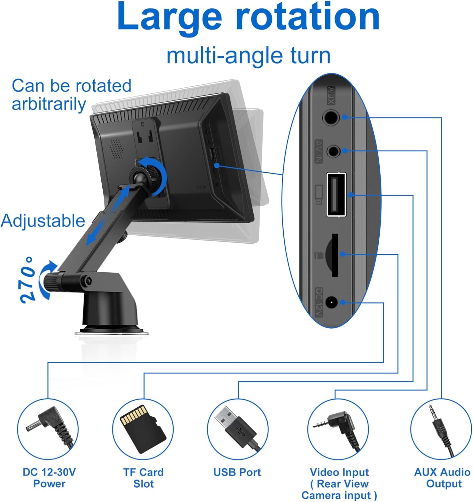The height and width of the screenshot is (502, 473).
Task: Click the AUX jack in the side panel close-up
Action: tap(330, 117)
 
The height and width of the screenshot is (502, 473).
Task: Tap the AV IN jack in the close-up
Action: tap(333, 151)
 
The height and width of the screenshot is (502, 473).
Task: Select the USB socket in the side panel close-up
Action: tap(336, 194)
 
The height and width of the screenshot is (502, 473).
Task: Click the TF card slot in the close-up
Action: tap(335, 255)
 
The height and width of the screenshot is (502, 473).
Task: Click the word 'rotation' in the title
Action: tap(308, 17)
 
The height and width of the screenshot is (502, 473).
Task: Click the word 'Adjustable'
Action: tap(43, 221)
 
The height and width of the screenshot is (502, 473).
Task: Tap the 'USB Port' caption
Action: tap(237, 472)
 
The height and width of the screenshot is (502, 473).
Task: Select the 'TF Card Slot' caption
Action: tap(143, 478)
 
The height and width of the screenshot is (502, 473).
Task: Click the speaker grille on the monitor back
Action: tap(116, 149)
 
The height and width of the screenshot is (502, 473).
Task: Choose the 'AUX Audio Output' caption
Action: tap(442, 478)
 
